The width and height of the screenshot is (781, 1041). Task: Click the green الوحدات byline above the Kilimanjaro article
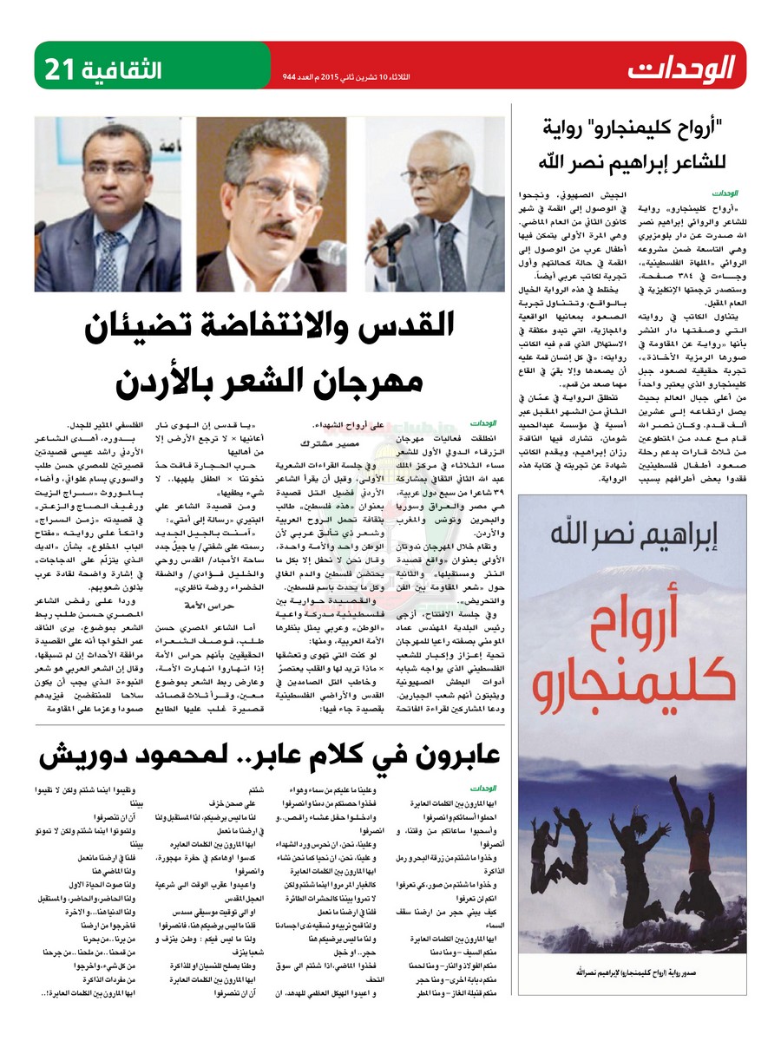tap(725, 192)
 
